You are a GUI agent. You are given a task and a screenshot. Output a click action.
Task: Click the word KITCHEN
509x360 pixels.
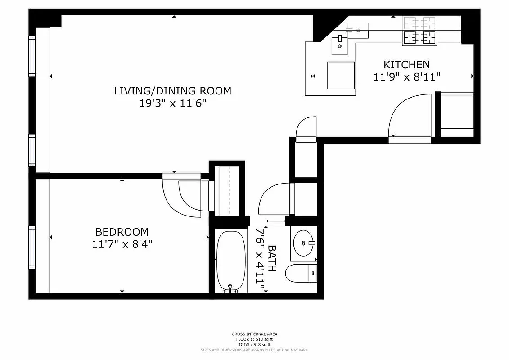pyautogui.click(x=406, y=64)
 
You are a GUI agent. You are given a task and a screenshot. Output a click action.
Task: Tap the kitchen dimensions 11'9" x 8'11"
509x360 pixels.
pyautogui.click(x=406, y=77)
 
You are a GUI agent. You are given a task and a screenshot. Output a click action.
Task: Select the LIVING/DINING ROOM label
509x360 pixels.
pyautogui.click(x=172, y=91)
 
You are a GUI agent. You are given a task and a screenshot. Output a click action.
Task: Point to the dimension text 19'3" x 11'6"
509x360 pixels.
pyautogui.click(x=172, y=103)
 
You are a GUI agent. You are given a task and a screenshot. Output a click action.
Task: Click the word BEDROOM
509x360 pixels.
pyautogui.click(x=122, y=232)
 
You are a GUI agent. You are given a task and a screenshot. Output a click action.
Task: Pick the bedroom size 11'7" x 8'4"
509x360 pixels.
pyautogui.click(x=122, y=244)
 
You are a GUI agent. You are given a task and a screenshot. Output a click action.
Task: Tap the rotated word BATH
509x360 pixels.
pyautogui.click(x=272, y=259)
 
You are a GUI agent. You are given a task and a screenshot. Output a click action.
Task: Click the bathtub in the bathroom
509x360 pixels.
pyautogui.click(x=231, y=259)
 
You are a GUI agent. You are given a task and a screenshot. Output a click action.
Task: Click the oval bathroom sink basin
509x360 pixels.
pyautogui.click(x=303, y=243)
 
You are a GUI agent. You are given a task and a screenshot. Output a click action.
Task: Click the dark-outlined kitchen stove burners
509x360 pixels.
pyautogui.click(x=420, y=38)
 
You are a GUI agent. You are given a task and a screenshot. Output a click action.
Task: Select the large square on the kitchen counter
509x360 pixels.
pyautogui.click(x=341, y=75)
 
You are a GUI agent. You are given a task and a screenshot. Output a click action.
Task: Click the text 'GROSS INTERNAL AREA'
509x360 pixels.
pyautogui.click(x=255, y=334)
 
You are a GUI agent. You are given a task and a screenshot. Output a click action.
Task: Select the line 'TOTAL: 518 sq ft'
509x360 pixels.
pyautogui.click(x=255, y=344)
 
